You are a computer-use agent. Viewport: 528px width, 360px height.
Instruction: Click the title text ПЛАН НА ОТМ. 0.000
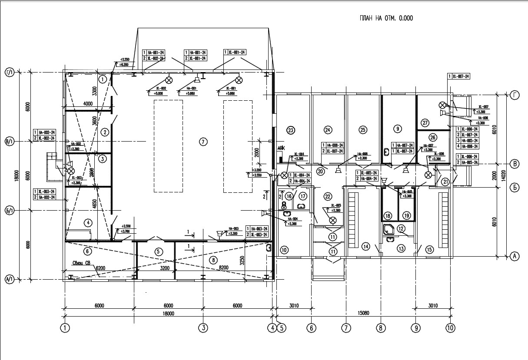(385, 18)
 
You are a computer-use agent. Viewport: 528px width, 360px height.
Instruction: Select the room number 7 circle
(202, 141)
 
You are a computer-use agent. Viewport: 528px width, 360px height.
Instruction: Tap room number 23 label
(291, 129)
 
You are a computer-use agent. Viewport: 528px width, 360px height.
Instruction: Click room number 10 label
(284, 249)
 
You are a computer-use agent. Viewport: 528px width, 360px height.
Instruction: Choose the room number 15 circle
(430, 249)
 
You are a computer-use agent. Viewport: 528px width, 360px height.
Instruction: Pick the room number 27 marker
(425, 122)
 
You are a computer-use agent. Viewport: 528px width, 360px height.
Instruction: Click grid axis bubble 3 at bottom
(203, 327)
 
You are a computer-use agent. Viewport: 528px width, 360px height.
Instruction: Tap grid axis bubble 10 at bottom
(450, 327)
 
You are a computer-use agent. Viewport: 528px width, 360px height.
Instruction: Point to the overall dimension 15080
(363, 313)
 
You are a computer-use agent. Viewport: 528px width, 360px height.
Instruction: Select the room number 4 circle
(88, 223)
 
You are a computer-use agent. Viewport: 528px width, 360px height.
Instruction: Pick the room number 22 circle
(328, 197)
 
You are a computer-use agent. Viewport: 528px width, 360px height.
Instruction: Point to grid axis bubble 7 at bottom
(346, 327)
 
